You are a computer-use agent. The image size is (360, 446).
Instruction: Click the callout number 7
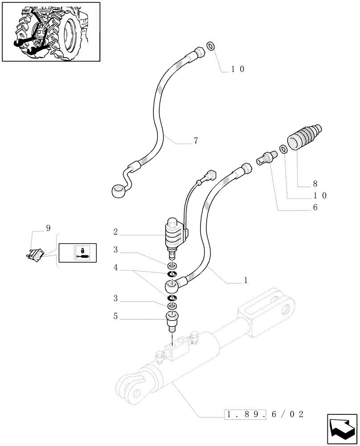coord(196,141)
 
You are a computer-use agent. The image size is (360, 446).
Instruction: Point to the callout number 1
coord(245,281)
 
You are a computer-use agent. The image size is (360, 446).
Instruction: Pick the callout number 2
coord(115,232)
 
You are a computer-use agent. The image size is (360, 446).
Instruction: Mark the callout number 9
coord(48,229)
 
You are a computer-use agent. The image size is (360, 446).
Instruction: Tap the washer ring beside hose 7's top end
coord(211,46)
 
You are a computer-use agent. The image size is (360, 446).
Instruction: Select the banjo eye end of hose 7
coord(117,191)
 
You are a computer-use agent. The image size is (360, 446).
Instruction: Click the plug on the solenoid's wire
coord(211,174)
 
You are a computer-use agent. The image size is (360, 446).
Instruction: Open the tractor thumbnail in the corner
coord(51,32)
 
